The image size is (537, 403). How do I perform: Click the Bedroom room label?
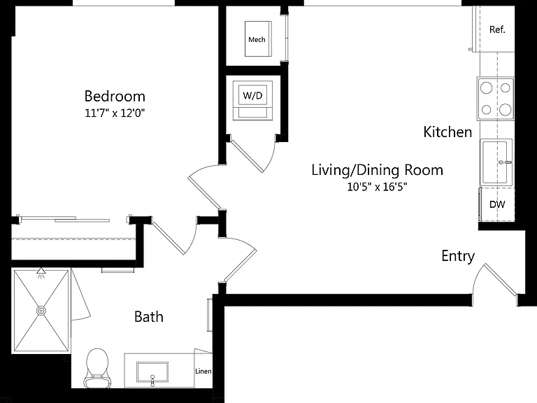click(115, 96)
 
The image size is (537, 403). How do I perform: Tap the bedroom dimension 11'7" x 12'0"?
click(115, 113)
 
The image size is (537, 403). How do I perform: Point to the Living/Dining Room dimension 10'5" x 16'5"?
click(377, 187)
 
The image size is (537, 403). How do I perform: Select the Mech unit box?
click(258, 38)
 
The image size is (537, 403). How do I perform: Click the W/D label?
click(252, 95)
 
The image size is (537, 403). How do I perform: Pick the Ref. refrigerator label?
click(497, 29)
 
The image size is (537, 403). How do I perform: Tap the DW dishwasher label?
click(497, 204)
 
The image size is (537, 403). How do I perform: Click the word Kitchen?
click(447, 132)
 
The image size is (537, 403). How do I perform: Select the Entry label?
click(458, 256)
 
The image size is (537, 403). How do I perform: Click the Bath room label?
click(149, 317)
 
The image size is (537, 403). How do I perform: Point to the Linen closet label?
click(203, 371)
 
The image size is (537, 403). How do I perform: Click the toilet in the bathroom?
click(97, 369)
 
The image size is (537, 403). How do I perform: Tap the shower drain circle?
click(41, 311)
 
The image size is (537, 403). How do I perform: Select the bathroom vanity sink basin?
click(152, 372)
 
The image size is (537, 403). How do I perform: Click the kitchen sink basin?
click(495, 162)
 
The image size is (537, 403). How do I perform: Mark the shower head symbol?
click(41, 272)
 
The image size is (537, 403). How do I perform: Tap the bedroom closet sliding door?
click(65, 219)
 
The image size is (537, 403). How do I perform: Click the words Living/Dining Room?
click(377, 170)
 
